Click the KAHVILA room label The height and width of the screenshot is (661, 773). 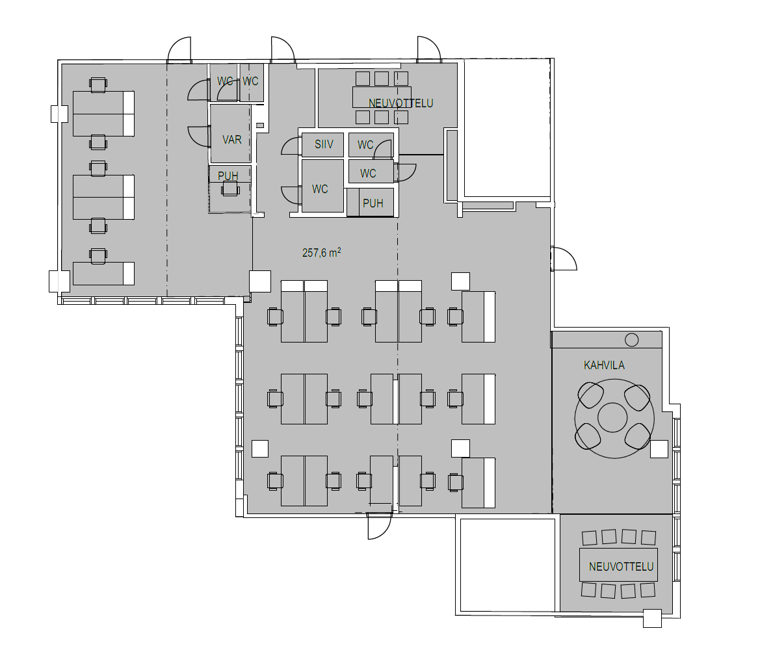tap(604, 365)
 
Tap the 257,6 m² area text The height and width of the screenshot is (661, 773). tap(321, 253)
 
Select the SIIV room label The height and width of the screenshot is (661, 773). tap(324, 144)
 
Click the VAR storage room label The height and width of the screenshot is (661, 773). tap(231, 140)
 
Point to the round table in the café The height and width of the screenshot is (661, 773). tap(614, 418)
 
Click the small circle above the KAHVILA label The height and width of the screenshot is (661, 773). tap(631, 340)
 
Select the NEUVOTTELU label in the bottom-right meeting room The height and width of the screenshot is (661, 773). tap(621, 567)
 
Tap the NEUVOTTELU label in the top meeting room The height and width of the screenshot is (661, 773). tap(400, 103)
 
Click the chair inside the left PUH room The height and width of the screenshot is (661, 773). tap(230, 188)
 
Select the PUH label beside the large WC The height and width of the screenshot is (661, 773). tap(373, 203)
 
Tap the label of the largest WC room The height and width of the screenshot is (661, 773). tap(320, 188)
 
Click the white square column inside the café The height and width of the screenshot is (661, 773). tap(659, 449)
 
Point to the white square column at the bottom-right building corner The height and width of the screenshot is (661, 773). tap(652, 619)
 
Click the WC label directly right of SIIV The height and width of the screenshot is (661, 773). tap(365, 144)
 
